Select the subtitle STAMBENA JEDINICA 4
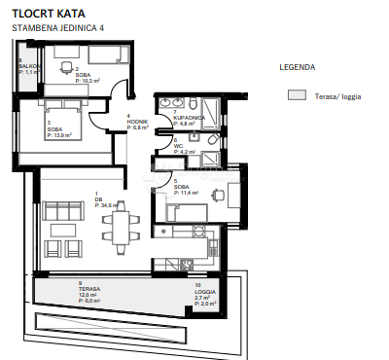pyautogui.click(x=57, y=29)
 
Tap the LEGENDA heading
pyautogui.click(x=297, y=69)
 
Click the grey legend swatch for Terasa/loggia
pyautogui.click(x=295, y=96)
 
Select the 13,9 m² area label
pyautogui.click(x=60, y=134)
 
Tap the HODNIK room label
pyautogui.click(x=137, y=122)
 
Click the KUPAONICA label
pyautogui.click(x=189, y=117)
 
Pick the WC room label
pyautogui.click(x=178, y=146)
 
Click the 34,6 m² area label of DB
pyautogui.click(x=110, y=206)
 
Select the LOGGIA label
pyautogui.click(x=205, y=292)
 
